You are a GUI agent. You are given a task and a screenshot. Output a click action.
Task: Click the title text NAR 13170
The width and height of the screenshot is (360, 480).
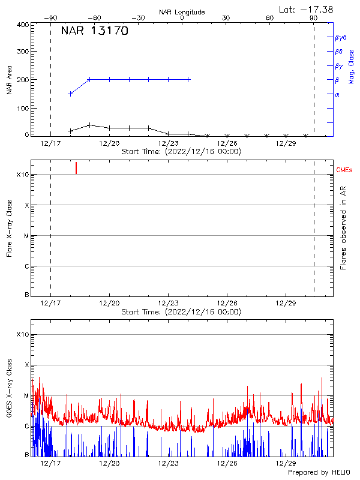click(95, 32)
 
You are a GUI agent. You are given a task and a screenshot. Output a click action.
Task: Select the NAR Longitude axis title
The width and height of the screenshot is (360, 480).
click(182, 12)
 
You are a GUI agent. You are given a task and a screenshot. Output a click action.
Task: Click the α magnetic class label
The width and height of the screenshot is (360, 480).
click(337, 94)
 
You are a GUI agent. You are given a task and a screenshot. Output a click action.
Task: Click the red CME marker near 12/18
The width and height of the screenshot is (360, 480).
click(76, 168)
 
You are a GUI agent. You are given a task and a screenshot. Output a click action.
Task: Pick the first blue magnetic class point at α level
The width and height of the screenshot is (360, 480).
click(71, 94)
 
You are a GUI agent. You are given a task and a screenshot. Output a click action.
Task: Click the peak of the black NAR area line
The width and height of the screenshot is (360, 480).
click(89, 125)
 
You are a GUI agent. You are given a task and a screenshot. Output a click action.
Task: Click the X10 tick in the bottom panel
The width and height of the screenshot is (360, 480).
click(22, 334)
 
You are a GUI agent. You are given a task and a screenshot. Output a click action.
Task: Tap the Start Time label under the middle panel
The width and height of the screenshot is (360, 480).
click(181, 312)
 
